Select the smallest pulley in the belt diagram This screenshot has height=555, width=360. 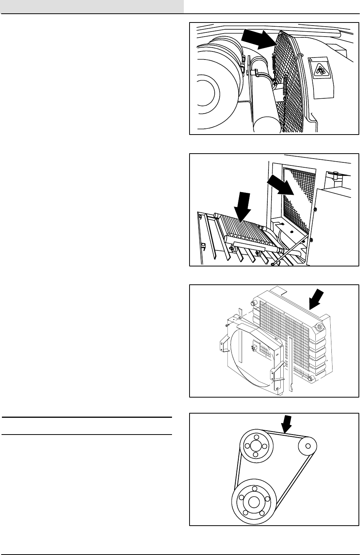pos(307,444)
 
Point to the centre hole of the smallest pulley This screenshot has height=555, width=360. pos(307,444)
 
